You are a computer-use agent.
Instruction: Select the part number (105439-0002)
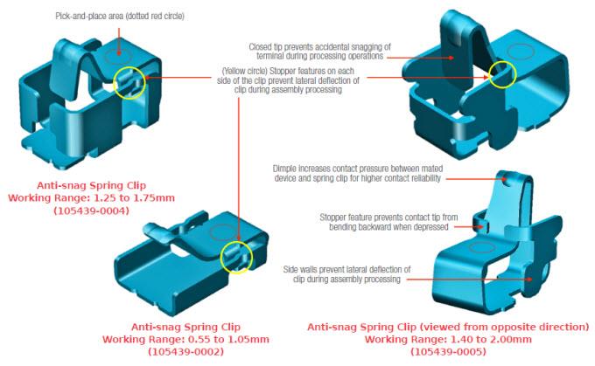[178, 351]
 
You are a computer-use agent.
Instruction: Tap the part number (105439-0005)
[449, 351]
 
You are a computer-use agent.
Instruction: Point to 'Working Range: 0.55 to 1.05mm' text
[178, 339]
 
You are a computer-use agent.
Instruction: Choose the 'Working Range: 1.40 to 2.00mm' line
[449, 339]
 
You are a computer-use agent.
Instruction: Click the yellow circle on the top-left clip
[127, 84]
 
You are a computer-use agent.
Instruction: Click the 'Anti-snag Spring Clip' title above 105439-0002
[178, 327]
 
